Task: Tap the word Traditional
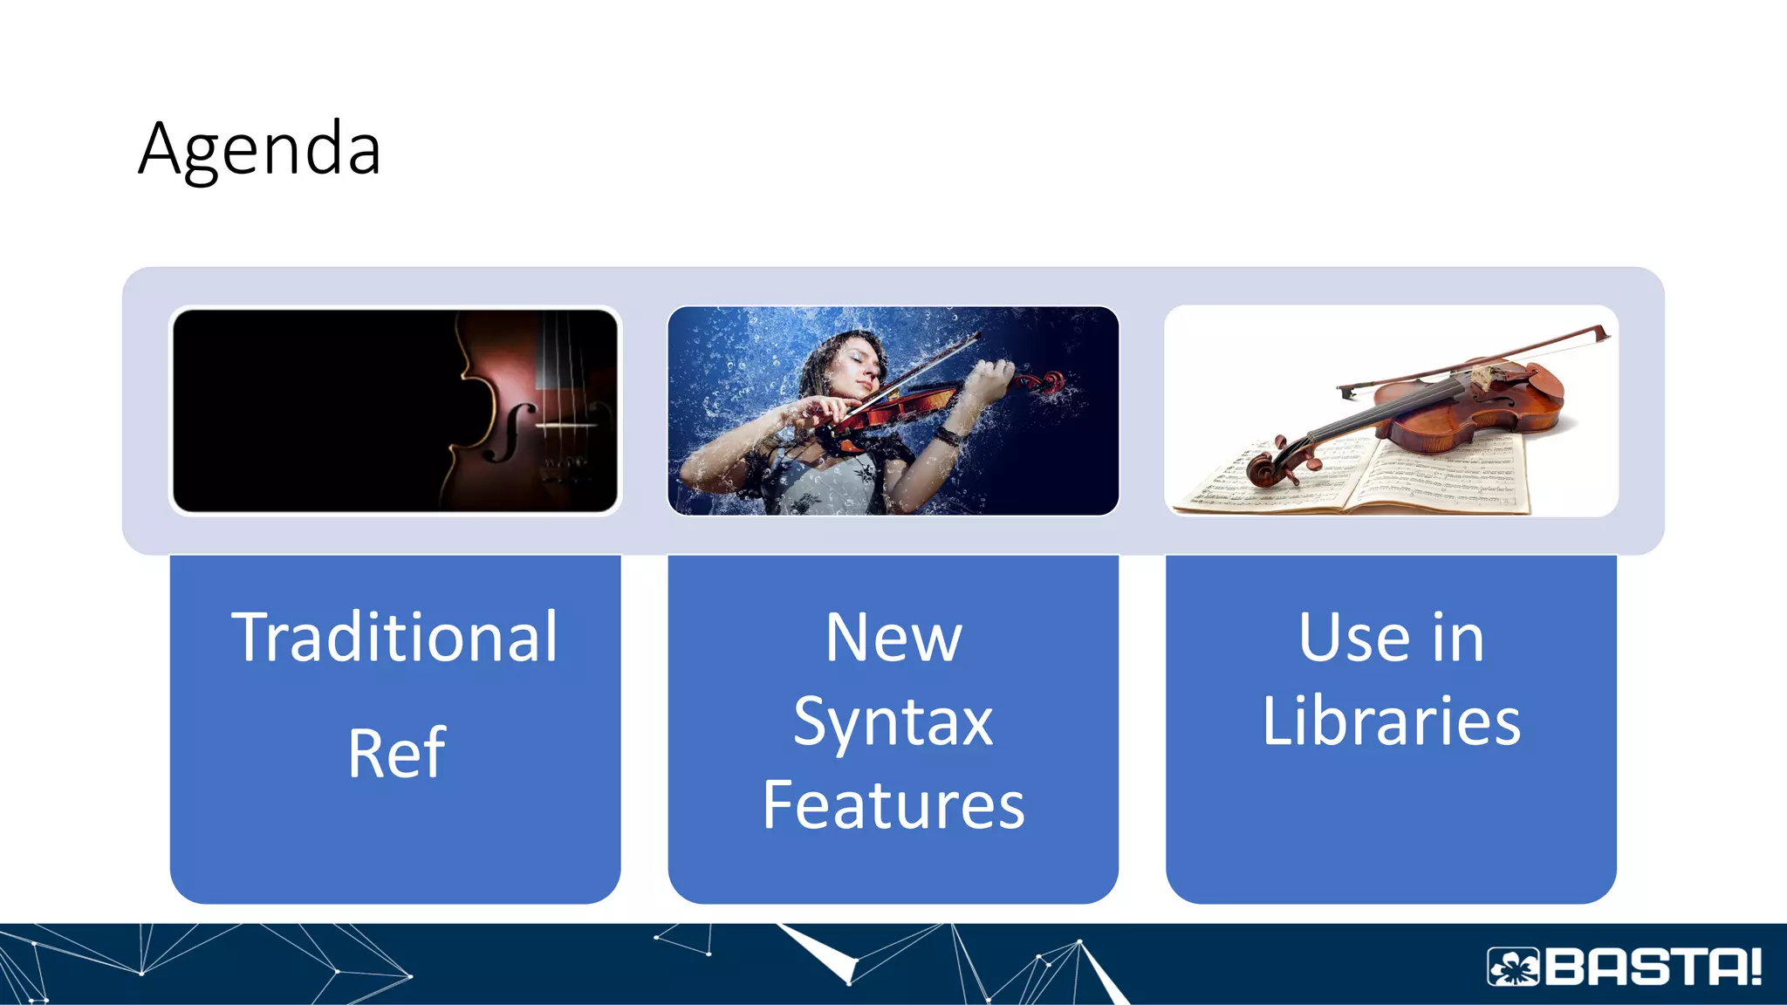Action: click(394, 638)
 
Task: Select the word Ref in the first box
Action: click(396, 753)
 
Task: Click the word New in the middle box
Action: click(893, 638)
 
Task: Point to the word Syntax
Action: click(893, 722)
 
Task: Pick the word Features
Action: click(893, 805)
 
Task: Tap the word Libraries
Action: click(1391, 721)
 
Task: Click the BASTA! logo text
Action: click(1653, 967)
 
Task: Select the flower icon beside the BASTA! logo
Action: click(1514, 967)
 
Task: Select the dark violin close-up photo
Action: click(395, 410)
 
